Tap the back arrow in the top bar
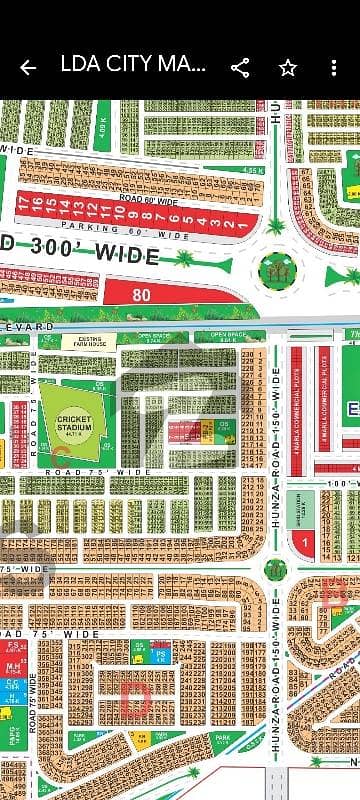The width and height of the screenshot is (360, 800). (x=28, y=68)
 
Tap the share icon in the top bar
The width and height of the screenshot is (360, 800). (x=240, y=68)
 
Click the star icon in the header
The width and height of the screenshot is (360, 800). (x=288, y=68)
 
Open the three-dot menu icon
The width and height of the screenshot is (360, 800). (x=335, y=68)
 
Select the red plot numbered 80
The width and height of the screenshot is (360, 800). (x=140, y=295)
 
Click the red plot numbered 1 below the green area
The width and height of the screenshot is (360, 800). (x=299, y=543)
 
